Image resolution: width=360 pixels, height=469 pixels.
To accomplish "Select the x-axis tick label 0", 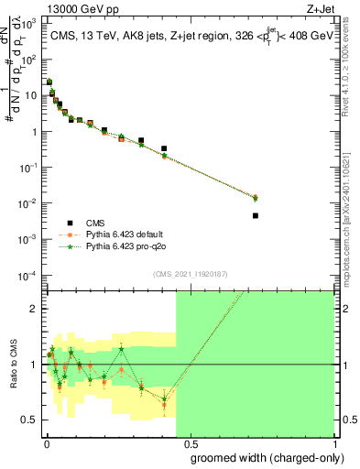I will pos(45,443).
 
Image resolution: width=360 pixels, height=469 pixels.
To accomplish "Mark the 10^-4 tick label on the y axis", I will pos(27,275).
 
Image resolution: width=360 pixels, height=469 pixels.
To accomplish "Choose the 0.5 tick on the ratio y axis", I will pos(32,420).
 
